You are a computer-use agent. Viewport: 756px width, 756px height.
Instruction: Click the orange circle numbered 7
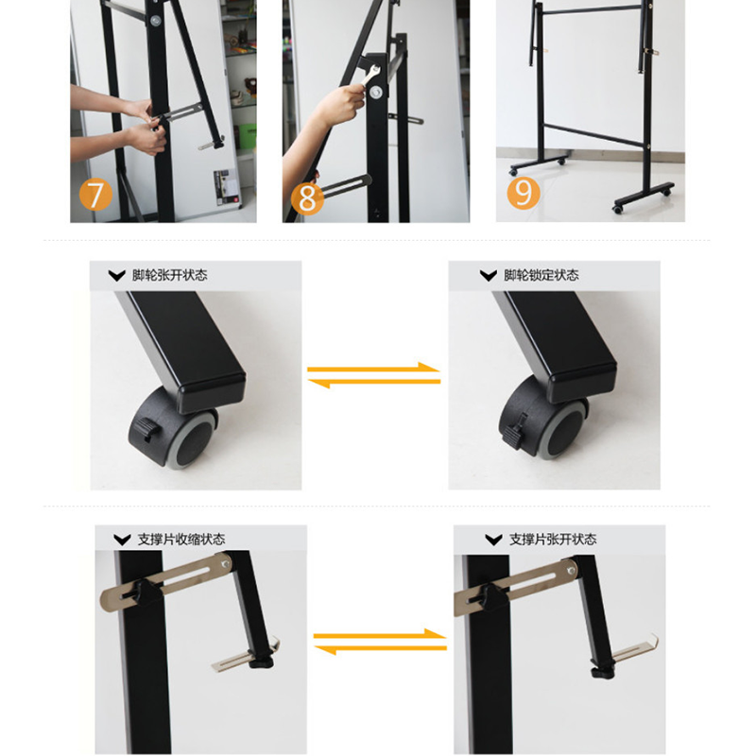pos(95,195)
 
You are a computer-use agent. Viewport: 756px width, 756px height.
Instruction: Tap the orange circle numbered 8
pos(306,198)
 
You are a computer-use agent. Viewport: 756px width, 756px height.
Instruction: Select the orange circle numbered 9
pos(524,193)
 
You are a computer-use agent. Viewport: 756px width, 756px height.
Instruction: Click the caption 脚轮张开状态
pos(170,275)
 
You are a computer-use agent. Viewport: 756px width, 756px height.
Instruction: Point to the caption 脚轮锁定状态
pos(541,275)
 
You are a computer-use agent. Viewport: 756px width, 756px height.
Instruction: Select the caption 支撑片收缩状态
pos(181,539)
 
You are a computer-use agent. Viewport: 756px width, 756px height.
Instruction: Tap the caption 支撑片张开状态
pos(553,539)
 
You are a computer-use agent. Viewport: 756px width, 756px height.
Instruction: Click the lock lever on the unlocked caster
pos(147,428)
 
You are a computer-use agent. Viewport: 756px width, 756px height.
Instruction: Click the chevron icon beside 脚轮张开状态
pos(116,276)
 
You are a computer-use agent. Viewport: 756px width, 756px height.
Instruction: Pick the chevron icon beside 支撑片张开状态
pos(493,540)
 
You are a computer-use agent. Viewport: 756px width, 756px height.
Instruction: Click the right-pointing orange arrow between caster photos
pos(374,369)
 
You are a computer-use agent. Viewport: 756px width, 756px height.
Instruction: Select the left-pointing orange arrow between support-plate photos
pos(380,648)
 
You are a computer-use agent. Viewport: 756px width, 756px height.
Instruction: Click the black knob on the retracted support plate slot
pos(146,593)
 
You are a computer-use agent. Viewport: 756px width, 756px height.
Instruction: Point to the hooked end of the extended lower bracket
pos(653,642)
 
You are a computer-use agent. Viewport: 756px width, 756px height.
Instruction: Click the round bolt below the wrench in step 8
pos(375,92)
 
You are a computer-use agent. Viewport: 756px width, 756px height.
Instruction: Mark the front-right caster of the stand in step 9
pos(618,209)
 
